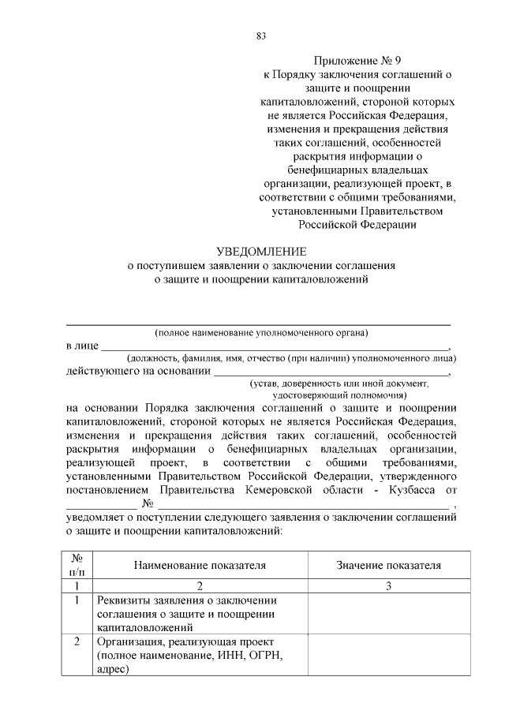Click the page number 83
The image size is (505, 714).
(x=260, y=36)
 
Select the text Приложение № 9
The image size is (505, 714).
(x=357, y=59)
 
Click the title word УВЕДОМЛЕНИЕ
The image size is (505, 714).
(x=260, y=252)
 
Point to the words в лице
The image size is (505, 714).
(x=82, y=346)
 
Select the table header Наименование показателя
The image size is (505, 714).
(x=200, y=565)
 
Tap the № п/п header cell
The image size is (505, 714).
(x=77, y=565)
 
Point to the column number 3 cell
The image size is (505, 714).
(x=387, y=586)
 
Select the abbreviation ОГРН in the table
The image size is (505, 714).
(x=264, y=656)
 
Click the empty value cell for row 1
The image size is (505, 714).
(x=387, y=614)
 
